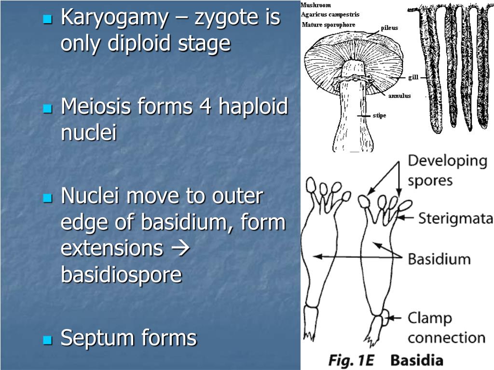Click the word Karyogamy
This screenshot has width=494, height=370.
coord(114,18)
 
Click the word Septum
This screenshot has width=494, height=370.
coord(98,338)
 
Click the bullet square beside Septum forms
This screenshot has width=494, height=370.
coord(47,340)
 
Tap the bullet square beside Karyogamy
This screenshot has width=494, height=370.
coord(47,20)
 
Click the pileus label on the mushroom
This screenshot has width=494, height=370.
coord(389,28)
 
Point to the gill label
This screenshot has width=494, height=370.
coord(413,77)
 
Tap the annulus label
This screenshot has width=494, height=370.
coord(400,96)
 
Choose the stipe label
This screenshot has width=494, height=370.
coord(379,116)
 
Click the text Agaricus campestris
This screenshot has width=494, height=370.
coord(330,14)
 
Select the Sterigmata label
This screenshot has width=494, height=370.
coord(454,219)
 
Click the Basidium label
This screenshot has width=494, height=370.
coord(439,259)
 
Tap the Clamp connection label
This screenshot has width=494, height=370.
coord(446,328)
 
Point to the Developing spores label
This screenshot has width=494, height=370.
coord(447,170)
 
